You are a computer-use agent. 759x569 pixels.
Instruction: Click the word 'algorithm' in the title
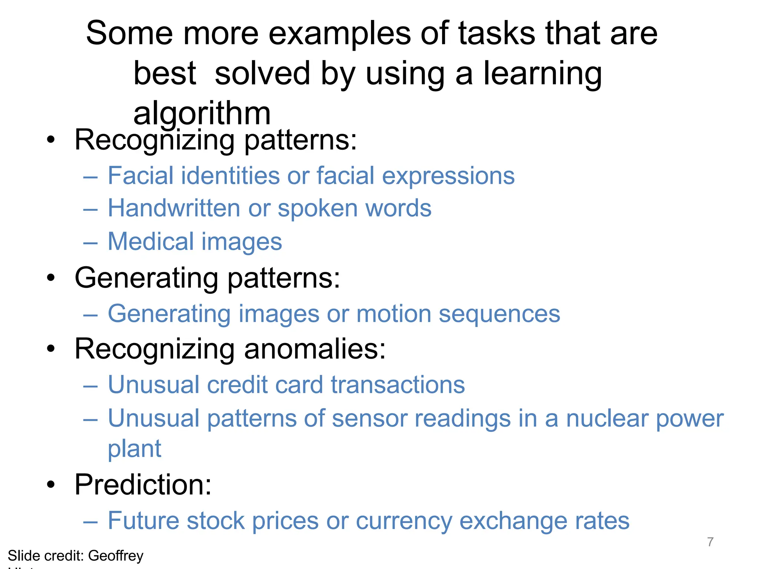202,114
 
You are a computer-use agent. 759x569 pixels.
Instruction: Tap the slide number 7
710,542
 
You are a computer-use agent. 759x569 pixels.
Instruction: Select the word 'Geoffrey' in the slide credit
116,556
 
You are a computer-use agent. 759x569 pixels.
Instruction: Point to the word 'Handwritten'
174,208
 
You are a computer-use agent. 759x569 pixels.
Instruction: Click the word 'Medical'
151,242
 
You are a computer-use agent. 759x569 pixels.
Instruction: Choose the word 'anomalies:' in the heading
315,349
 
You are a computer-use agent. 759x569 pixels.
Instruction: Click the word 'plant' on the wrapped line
135,449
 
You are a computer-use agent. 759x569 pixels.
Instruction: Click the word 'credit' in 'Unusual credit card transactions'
237,385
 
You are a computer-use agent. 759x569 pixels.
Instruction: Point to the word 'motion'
394,314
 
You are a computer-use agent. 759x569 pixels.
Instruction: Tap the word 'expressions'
448,176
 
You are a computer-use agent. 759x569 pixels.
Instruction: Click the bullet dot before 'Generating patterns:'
51,278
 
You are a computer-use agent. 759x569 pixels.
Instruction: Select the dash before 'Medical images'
90,243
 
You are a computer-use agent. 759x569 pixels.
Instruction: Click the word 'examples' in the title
339,33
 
